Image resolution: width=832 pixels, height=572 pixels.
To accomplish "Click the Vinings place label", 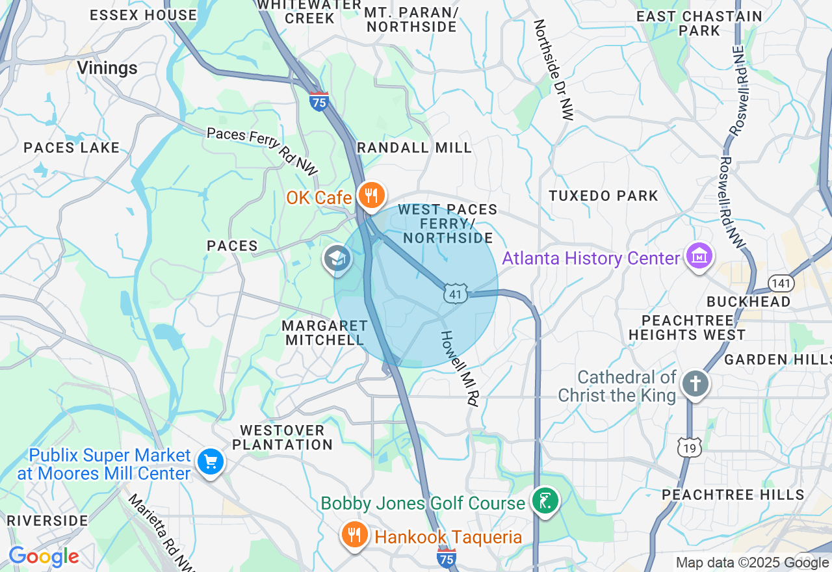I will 107,68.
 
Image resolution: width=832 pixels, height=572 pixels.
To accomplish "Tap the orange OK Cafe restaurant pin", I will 371,196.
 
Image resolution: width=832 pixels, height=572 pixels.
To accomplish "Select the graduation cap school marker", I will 337,259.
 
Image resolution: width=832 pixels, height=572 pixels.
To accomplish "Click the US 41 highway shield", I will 456,293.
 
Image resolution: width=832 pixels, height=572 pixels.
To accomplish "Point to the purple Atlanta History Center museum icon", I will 699,257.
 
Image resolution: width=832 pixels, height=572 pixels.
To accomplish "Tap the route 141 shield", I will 779,283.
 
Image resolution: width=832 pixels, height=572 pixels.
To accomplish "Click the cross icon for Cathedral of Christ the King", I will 695,384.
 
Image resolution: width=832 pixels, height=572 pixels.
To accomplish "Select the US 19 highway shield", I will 688,447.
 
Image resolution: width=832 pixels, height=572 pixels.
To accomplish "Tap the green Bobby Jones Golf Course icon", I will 545,501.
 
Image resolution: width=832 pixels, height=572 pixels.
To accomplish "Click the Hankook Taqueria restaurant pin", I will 354,535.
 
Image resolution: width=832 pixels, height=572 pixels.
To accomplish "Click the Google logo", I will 44,556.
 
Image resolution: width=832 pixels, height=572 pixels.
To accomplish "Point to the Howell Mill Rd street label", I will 459,369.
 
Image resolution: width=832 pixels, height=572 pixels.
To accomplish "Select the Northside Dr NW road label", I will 554,70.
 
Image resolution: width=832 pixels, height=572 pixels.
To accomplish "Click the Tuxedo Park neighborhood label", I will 603,196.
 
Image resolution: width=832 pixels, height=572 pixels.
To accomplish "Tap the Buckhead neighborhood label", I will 748,302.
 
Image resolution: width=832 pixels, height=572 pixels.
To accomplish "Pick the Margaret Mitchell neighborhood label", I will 324,332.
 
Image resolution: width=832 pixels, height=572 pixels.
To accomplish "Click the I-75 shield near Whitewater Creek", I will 318,101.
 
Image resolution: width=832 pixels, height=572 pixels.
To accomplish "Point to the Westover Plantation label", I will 282,437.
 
